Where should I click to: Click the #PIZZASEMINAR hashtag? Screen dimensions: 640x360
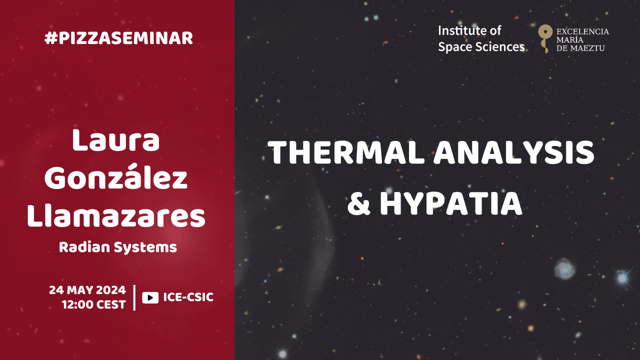[x=118, y=38]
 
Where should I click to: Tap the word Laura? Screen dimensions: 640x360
[x=115, y=140]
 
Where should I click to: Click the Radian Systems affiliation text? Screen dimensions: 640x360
[x=118, y=247]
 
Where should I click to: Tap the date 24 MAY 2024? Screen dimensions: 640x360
[x=87, y=290]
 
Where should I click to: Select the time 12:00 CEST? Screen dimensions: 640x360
[x=94, y=304]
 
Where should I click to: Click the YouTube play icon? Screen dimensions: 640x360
[x=150, y=297]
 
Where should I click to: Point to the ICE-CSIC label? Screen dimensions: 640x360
[x=188, y=297]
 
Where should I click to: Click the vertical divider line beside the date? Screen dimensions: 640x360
[x=134, y=297]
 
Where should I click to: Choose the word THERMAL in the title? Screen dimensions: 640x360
[x=345, y=152]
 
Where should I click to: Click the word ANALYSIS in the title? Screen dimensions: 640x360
[x=514, y=152]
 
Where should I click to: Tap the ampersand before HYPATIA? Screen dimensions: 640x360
[x=359, y=203]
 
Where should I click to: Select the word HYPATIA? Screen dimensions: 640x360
[x=451, y=203]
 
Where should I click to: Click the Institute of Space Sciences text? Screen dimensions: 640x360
[x=481, y=39]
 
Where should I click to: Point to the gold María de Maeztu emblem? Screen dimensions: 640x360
[x=545, y=38]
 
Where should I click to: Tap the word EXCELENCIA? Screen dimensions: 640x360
[x=582, y=31]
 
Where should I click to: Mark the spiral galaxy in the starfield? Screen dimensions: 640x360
[x=565, y=268]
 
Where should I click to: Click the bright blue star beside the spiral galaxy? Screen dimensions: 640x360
[x=622, y=277]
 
